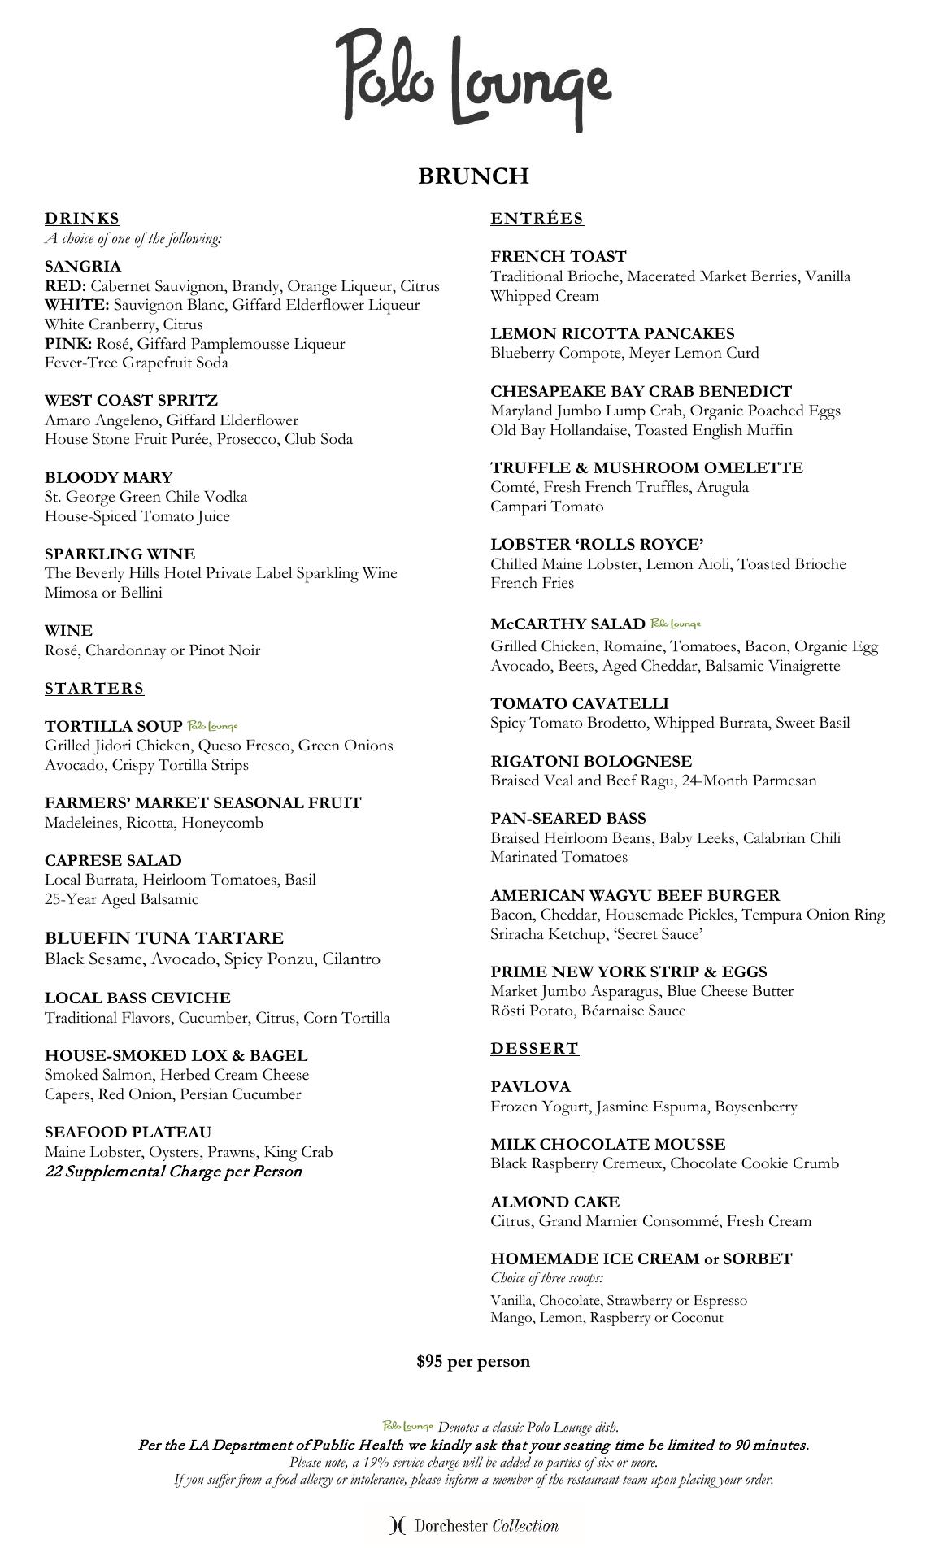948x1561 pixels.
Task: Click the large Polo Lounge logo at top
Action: pyautogui.click(x=473, y=79)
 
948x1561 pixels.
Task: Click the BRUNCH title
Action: pyautogui.click(x=473, y=176)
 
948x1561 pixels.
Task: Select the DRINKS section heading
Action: pyautogui.click(x=82, y=218)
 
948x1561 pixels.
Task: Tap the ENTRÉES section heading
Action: pyautogui.click(x=537, y=218)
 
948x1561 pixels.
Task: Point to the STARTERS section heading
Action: pyautogui.click(x=94, y=689)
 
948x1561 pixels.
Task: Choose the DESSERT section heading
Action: pyautogui.click(x=534, y=1048)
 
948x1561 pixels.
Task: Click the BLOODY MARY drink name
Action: pyautogui.click(x=108, y=477)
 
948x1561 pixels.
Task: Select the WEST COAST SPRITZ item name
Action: pyautogui.click(x=131, y=400)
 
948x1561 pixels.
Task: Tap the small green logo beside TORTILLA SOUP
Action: pyautogui.click(x=212, y=726)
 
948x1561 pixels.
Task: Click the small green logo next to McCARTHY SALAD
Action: pyautogui.click(x=675, y=624)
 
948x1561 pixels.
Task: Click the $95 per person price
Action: pyautogui.click(x=473, y=1361)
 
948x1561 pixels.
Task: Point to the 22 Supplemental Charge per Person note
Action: pyautogui.click(x=173, y=1172)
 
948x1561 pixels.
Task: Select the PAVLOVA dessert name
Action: pyautogui.click(x=530, y=1086)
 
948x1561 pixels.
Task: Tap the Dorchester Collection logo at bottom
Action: pyautogui.click(x=475, y=1525)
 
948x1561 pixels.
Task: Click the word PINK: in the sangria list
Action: pyautogui.click(x=68, y=344)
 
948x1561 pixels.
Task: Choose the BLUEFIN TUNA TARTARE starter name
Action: pyautogui.click(x=164, y=938)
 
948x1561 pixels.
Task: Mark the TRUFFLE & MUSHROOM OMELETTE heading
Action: pyautogui.click(x=646, y=467)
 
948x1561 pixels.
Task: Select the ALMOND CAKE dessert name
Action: pyautogui.click(x=554, y=1202)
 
